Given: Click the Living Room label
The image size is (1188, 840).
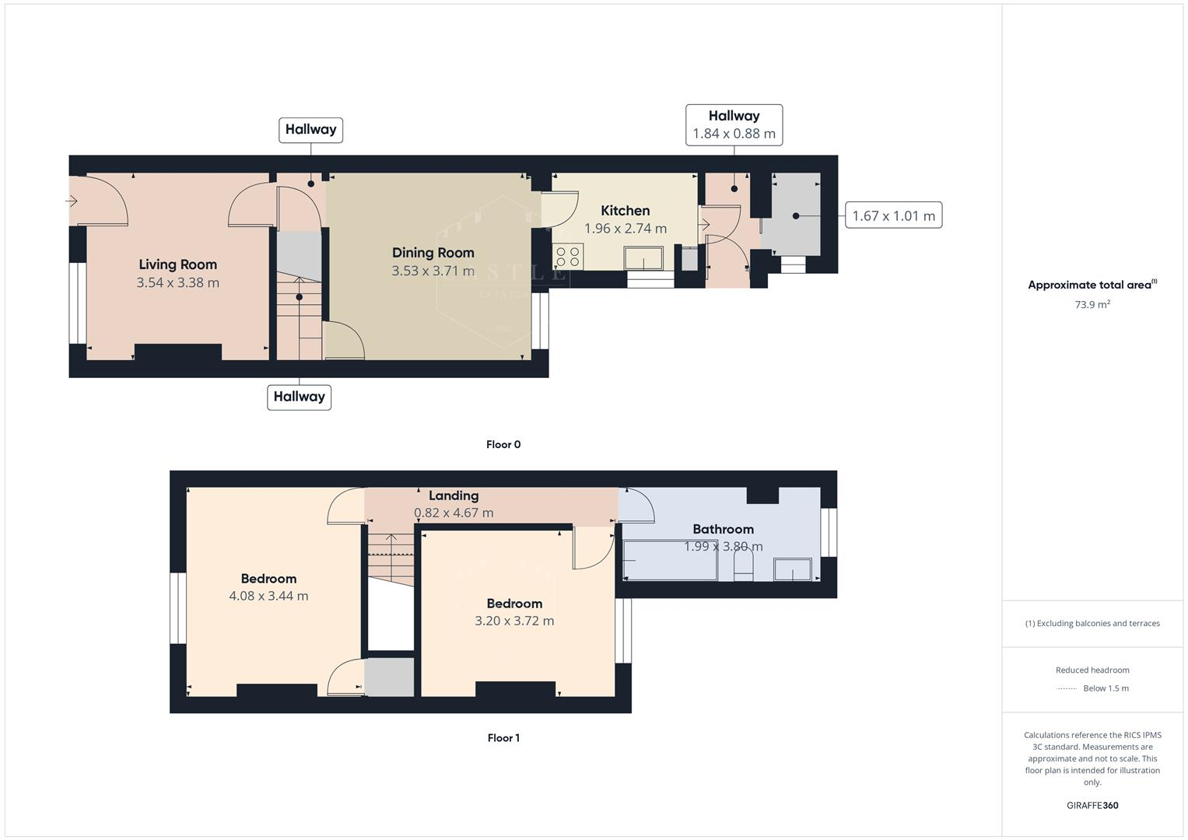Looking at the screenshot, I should pyautogui.click(x=177, y=264).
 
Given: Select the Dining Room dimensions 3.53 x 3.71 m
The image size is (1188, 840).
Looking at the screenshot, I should pyautogui.click(x=433, y=271).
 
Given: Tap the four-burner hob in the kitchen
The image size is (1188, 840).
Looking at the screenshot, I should pyautogui.click(x=568, y=256).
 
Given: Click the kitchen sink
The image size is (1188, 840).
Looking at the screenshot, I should pyautogui.click(x=643, y=258).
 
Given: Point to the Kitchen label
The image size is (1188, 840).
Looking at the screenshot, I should pyautogui.click(x=625, y=210).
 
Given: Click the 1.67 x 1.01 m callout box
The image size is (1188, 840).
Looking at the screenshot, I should pyautogui.click(x=893, y=215).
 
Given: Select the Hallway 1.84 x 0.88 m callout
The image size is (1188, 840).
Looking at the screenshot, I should pyautogui.click(x=734, y=124).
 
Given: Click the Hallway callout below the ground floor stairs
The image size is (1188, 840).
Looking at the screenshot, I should pyautogui.click(x=299, y=397).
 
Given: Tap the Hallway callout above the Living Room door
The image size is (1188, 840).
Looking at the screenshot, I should pyautogui.click(x=310, y=130).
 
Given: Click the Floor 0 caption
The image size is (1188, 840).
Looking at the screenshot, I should pyautogui.click(x=503, y=444).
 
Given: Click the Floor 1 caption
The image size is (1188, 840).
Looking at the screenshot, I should pyautogui.click(x=503, y=737).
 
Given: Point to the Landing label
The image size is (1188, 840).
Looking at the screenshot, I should pyautogui.click(x=454, y=495).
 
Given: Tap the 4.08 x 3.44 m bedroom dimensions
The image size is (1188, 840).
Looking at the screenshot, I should pyautogui.click(x=268, y=596).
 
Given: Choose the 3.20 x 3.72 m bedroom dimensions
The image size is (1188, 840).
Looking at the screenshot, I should pyautogui.click(x=514, y=621).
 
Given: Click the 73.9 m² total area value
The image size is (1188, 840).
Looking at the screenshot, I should pyautogui.click(x=1092, y=304).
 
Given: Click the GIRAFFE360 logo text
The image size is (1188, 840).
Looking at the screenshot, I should pyautogui.click(x=1092, y=805).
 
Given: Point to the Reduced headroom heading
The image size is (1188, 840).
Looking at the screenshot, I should pyautogui.click(x=1092, y=670).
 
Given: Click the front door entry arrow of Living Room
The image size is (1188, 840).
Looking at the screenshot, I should pyautogui.click(x=72, y=201).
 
